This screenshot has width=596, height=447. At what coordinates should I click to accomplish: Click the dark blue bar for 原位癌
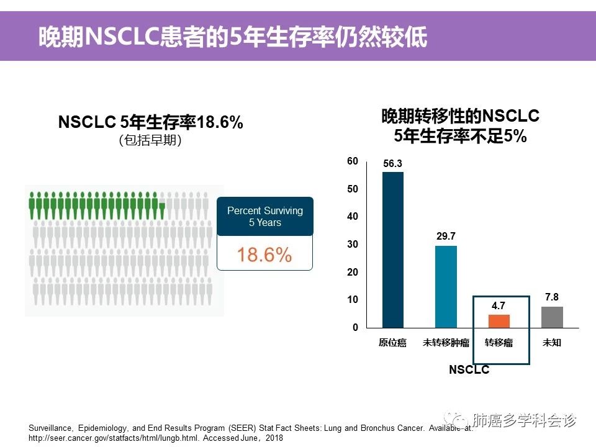392,250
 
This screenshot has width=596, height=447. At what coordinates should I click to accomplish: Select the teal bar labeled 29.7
446,287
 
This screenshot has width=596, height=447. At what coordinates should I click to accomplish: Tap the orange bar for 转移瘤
499,321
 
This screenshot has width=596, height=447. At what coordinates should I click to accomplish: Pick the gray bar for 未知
552,317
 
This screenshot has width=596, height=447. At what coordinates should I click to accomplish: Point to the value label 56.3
392,164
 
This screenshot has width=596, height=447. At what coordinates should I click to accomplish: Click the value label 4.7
499,306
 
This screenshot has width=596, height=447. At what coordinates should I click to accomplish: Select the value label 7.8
552,297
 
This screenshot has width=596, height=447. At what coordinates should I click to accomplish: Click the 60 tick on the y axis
353,161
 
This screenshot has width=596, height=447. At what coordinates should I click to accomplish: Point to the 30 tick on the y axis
353,245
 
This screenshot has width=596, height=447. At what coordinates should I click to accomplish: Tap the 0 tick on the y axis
355,328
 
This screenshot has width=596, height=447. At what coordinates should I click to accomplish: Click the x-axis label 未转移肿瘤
446,343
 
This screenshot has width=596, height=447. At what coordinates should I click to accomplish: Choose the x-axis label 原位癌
392,343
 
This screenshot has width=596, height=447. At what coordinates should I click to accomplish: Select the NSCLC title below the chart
469,370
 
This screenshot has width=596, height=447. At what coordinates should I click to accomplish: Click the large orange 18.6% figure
264,255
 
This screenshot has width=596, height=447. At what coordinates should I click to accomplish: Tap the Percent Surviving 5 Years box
264,217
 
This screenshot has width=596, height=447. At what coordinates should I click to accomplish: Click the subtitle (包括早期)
150,141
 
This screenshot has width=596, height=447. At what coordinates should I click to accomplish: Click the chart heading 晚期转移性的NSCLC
460,116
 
